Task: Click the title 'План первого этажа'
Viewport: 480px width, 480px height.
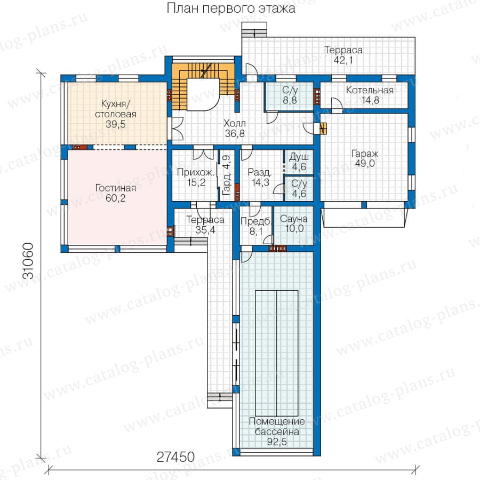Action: point(231,9)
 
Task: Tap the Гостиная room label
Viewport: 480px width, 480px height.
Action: point(115,188)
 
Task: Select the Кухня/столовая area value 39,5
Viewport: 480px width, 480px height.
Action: point(115,124)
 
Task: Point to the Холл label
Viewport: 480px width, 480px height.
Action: point(235,123)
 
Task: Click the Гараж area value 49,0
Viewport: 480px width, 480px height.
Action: point(365,164)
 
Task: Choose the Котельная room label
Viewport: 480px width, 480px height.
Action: point(370,90)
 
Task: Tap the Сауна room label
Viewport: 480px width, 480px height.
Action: point(293,219)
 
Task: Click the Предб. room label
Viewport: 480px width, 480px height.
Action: point(256,221)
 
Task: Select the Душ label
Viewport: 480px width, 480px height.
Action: point(299,157)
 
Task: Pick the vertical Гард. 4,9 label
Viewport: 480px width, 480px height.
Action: point(226,175)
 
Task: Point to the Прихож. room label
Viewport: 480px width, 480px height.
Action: point(196,172)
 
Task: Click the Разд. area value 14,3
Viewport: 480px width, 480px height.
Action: point(260,182)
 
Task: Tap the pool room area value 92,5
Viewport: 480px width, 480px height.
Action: point(277,442)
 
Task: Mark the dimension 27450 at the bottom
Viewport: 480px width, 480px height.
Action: point(175,457)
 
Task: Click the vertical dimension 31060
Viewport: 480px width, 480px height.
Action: point(28,260)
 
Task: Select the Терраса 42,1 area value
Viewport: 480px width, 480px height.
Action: point(343,60)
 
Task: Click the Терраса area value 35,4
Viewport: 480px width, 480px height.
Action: point(205,230)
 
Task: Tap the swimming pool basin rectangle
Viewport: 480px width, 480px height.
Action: point(276,353)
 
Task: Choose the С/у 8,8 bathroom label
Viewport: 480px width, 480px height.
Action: point(290,95)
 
